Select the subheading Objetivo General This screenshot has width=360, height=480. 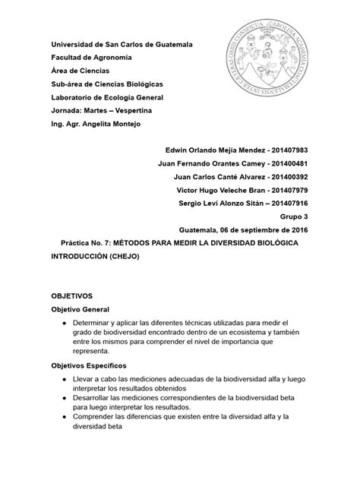[80, 310]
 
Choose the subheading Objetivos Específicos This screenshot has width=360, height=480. [89, 366]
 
